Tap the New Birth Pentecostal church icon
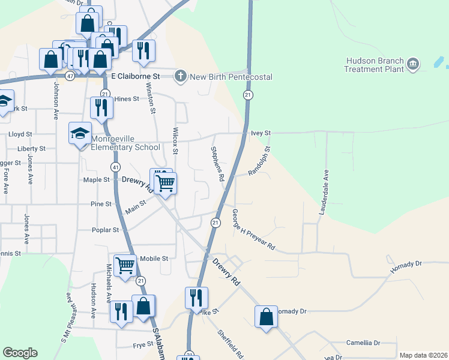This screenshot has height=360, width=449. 180,77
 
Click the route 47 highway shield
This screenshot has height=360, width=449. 71,76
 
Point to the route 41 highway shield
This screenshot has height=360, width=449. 115,166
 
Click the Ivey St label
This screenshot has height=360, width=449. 261,133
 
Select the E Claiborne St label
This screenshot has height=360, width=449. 135,77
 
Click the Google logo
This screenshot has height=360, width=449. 20,353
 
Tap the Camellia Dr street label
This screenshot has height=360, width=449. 363,343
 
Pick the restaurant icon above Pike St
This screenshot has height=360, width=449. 196,298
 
